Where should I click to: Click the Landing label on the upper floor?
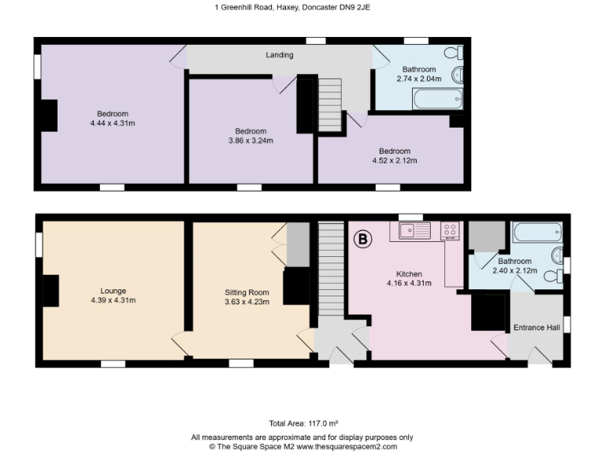pos(280,55)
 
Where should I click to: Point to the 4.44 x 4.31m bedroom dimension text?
pos(113,123)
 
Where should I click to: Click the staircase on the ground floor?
pos(331,267)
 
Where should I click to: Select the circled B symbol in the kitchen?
pos(364,239)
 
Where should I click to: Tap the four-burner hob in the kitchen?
pos(451,231)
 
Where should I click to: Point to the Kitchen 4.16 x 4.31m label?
pos(408,279)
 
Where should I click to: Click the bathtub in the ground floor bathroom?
pos(536,233)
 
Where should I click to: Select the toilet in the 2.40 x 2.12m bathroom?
pos(558,254)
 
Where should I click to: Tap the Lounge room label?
pos(113,296)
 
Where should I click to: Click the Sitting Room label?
pos(247,296)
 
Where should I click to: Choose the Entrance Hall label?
pos(536,327)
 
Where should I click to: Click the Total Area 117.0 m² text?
pos(302,423)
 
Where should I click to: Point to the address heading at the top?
pos(302,8)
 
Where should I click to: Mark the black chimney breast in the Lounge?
pos(50,291)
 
